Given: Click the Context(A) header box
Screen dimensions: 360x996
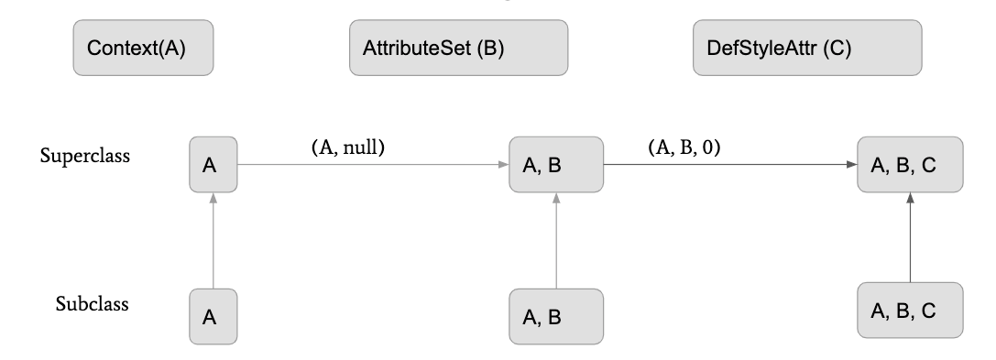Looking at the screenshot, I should coord(143,49).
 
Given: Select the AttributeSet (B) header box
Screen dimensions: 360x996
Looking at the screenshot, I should coord(458,49).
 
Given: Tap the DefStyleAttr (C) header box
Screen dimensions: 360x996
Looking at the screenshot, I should coord(806,49).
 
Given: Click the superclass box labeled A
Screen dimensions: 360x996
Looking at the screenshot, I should coord(212,165).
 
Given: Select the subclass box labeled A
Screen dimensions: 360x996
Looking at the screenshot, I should coord(212,316).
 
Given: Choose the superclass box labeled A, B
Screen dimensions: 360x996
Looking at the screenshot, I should coord(556,165).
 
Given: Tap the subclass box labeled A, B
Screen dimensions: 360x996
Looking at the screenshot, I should coord(556,316).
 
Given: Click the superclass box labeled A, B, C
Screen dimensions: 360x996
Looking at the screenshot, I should coord(910,165).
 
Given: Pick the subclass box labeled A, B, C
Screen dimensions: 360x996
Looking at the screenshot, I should coord(910,311).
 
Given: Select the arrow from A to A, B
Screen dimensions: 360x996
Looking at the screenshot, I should coord(371,165).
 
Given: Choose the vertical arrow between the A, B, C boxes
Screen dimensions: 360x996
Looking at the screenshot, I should coord(910,237).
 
